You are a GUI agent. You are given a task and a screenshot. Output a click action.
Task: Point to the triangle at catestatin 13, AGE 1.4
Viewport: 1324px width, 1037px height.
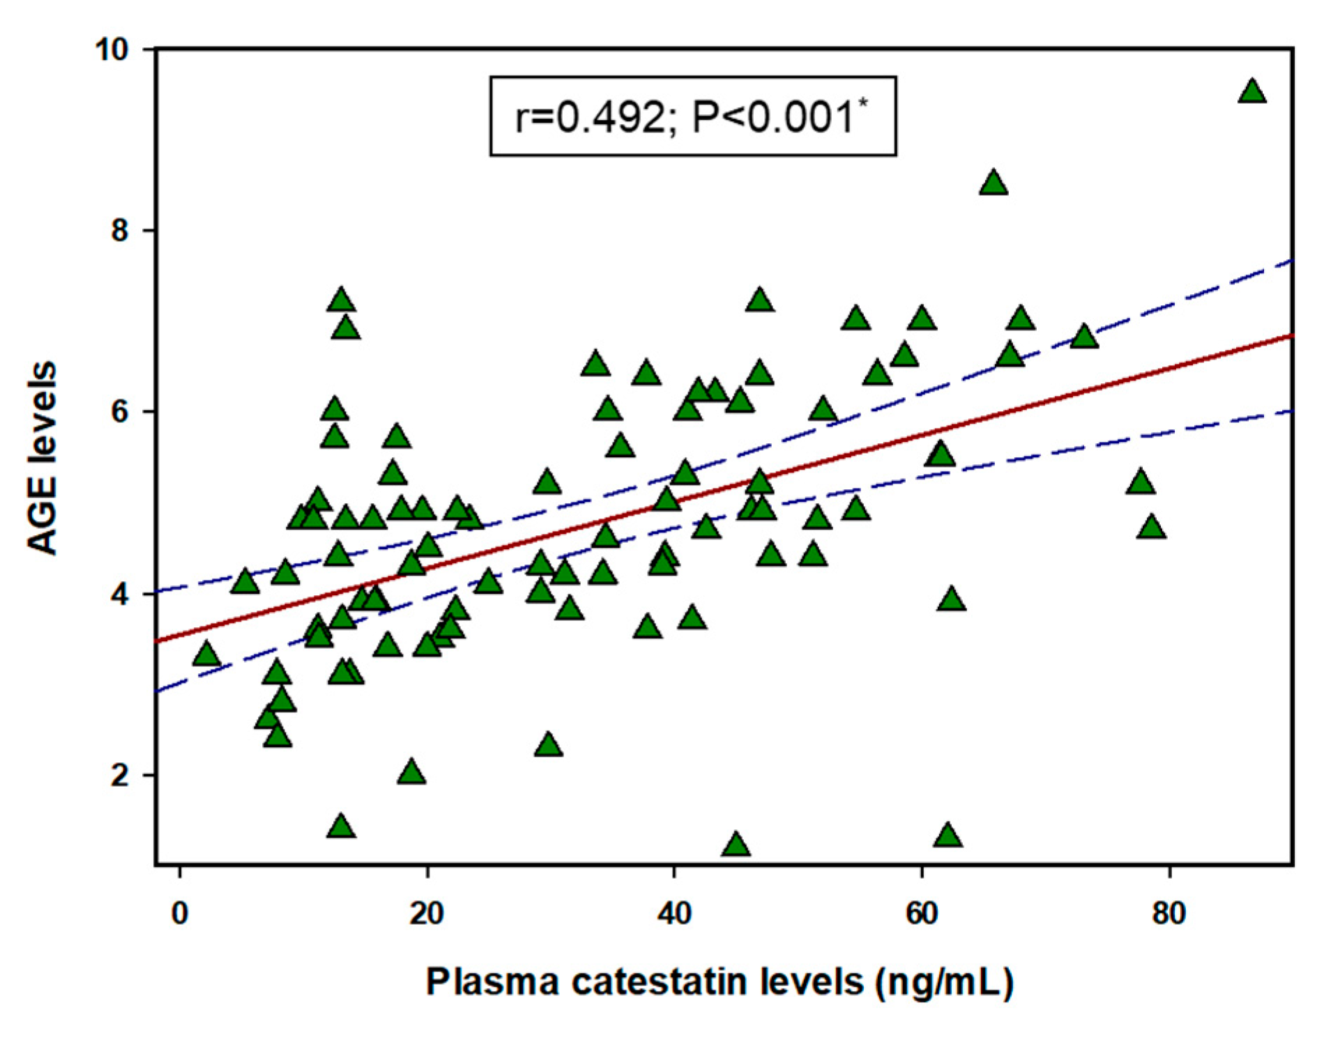[341, 827]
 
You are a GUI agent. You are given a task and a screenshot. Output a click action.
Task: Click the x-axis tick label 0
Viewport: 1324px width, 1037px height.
[180, 914]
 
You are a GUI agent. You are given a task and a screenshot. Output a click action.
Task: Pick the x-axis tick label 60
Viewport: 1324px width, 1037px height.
[921, 914]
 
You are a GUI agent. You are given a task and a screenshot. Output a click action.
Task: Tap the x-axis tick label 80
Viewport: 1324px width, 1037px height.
[1169, 914]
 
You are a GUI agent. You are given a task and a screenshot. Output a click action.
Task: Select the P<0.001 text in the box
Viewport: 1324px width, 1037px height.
[774, 117]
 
